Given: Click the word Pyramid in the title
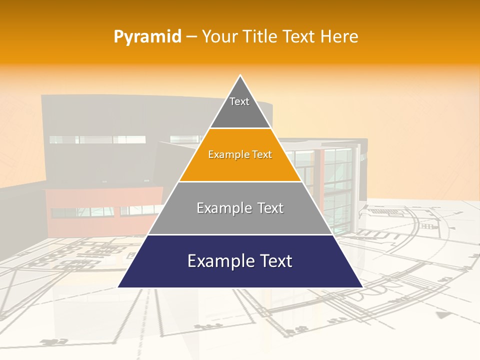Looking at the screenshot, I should point(147,37).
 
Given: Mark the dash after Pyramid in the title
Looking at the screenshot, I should point(191,37).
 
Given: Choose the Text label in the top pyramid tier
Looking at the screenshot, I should point(239,101).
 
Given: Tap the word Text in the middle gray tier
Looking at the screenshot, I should point(271,208).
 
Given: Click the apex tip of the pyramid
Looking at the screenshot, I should point(240,75).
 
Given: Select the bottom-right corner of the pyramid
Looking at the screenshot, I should point(362,287).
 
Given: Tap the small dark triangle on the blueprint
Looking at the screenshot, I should point(441,315).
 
